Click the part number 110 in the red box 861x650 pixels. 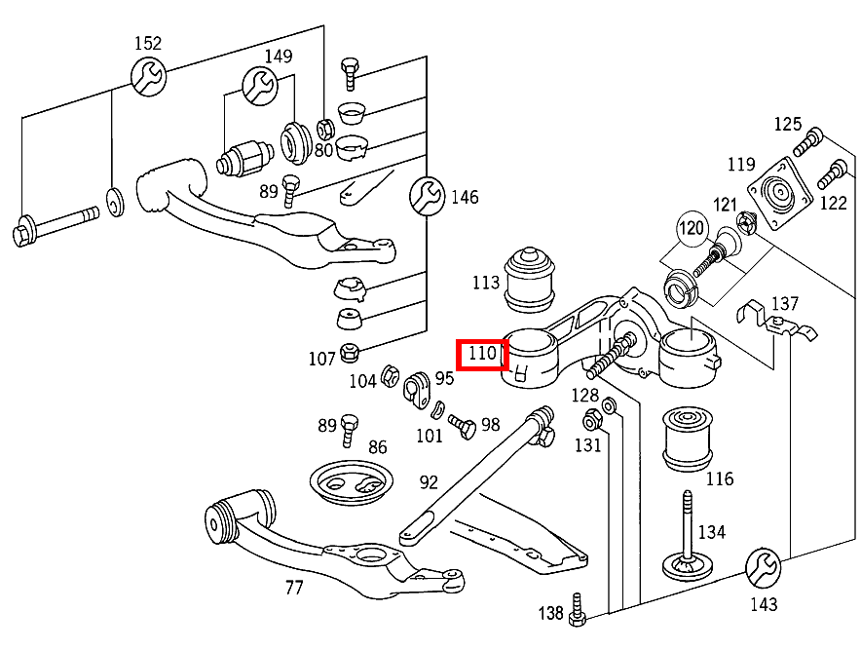[x=483, y=354]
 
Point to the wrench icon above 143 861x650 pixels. [x=763, y=566]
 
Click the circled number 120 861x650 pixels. [x=692, y=230]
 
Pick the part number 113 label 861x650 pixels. [x=487, y=284]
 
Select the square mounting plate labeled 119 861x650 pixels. [x=780, y=193]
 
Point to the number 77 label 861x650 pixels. [x=294, y=588]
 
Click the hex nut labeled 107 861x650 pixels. [x=352, y=352]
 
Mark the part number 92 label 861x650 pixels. [x=430, y=481]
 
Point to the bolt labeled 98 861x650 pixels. [x=462, y=425]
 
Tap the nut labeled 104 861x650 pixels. [x=389, y=375]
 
